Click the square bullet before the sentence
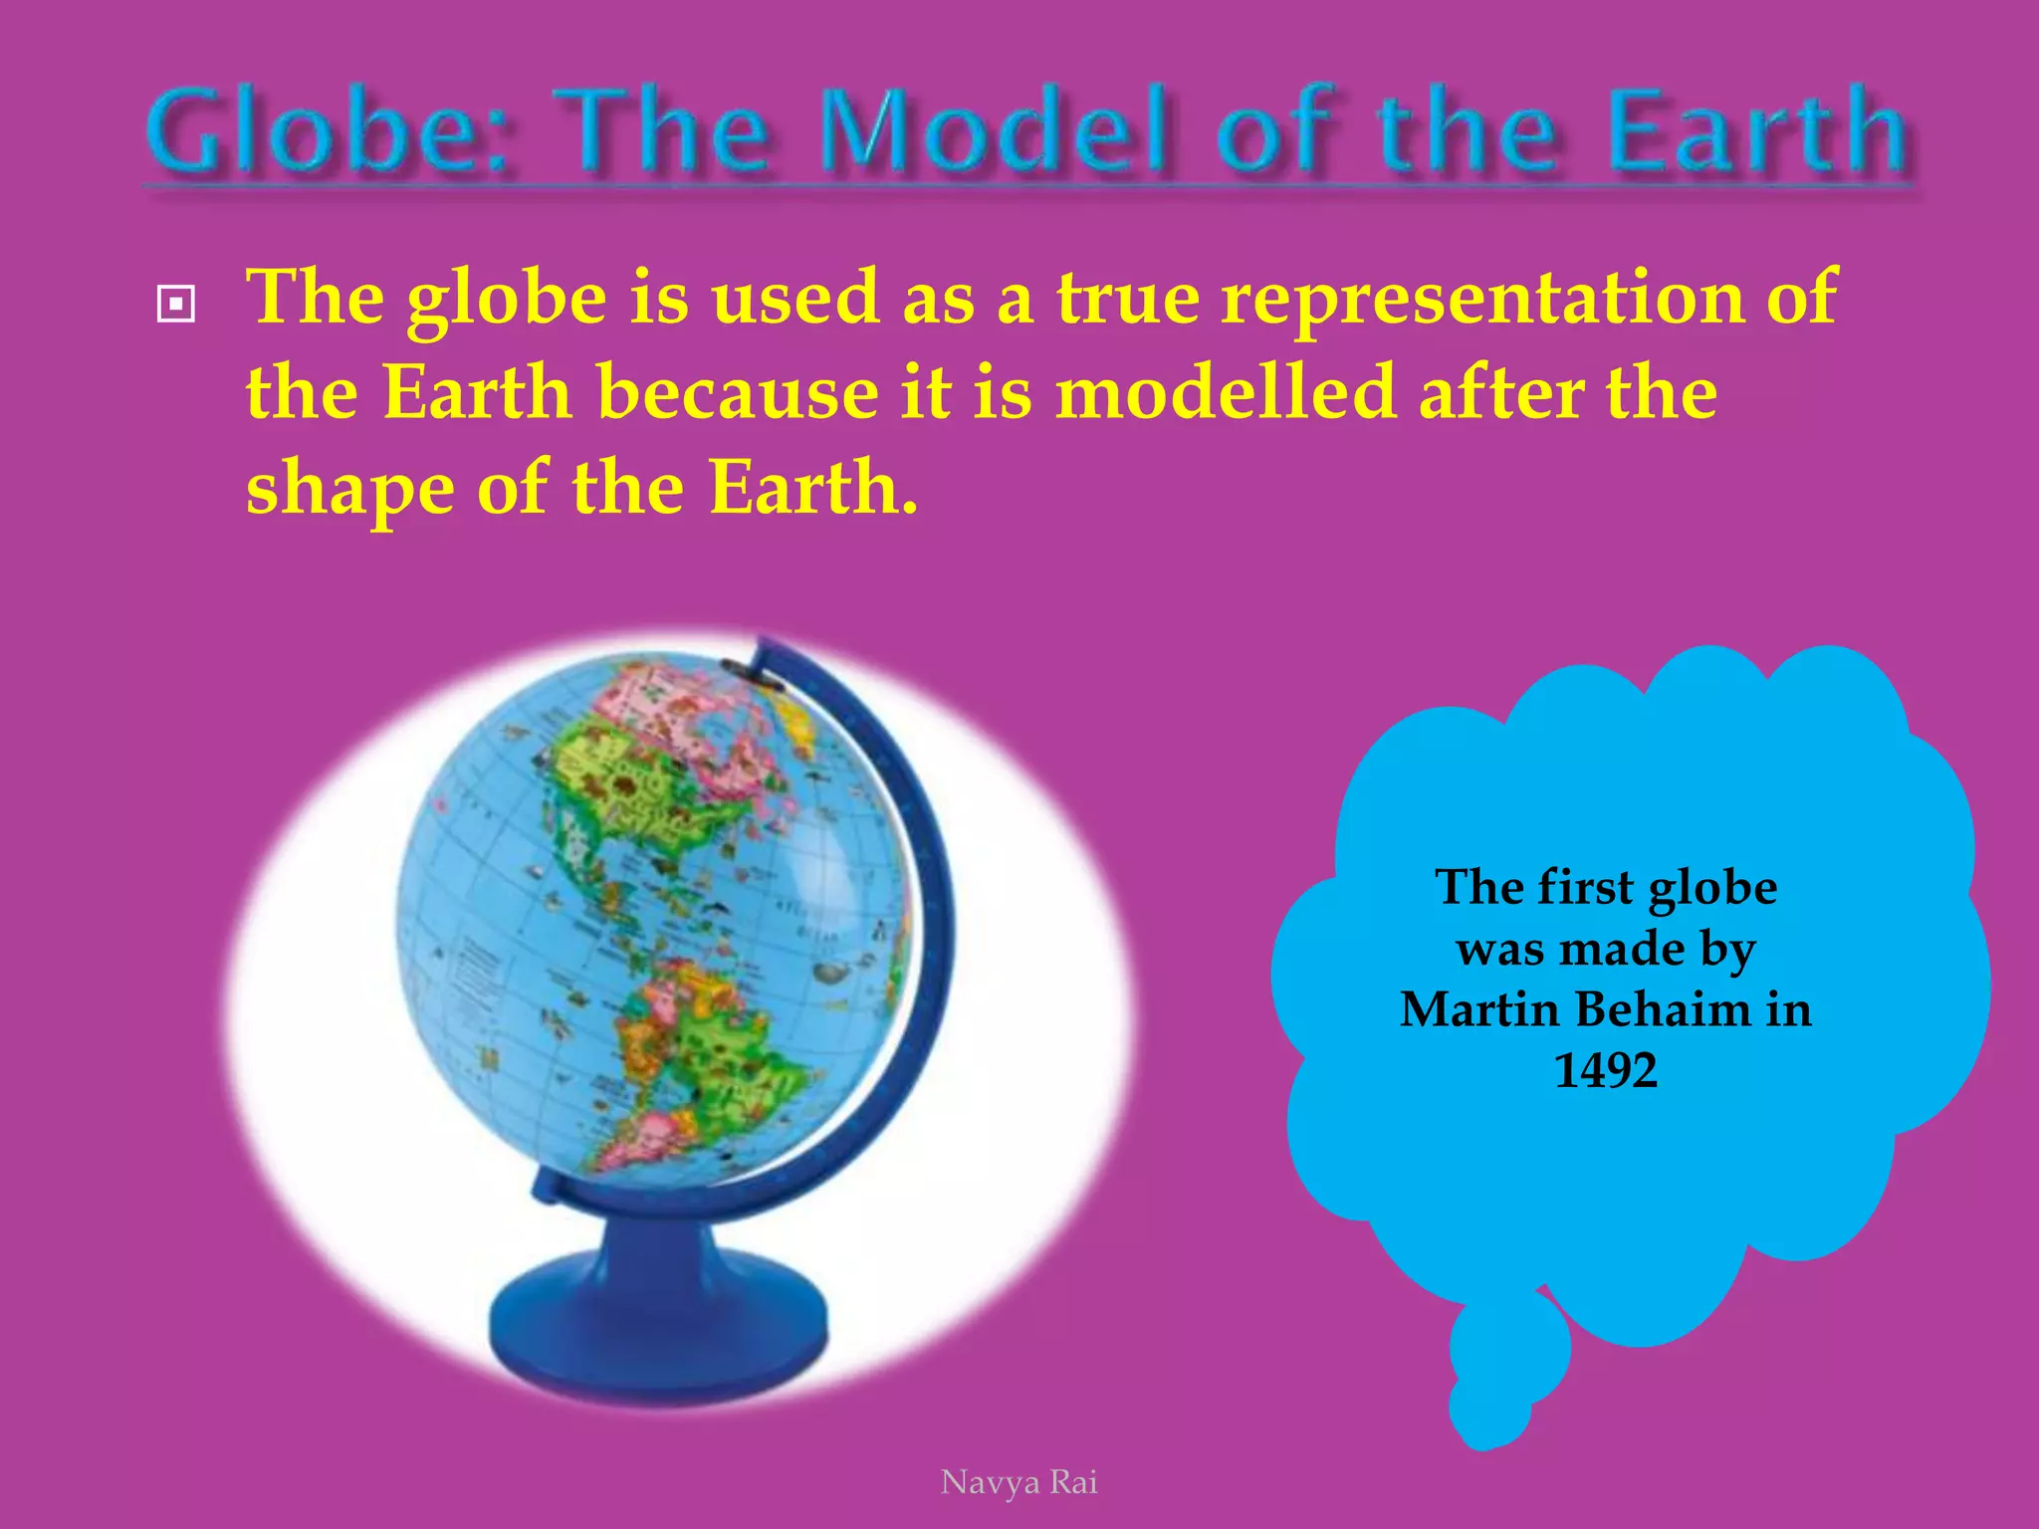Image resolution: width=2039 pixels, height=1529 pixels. [x=176, y=304]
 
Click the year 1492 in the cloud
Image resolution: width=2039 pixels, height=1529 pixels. [x=1605, y=1071]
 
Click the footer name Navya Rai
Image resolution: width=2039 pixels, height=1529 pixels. [x=1019, y=1482]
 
